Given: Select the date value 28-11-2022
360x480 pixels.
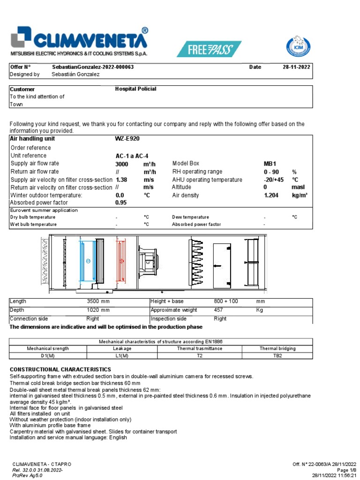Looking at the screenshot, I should (x=296, y=67).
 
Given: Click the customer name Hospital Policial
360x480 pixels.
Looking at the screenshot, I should (x=135, y=89).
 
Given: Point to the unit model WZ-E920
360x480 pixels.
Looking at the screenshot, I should (x=127, y=139).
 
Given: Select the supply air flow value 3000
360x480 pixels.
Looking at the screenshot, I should (x=122, y=164).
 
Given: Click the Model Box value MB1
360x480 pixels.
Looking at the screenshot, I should (x=271, y=164).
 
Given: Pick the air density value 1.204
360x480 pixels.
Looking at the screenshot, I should (x=272, y=195).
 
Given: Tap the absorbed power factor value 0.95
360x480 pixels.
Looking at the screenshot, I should (x=121, y=203).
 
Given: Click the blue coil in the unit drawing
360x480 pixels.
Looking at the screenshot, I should (x=88, y=261).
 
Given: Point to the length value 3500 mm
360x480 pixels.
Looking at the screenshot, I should (x=98, y=301).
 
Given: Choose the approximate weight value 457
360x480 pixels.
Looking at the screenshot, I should (x=218, y=310).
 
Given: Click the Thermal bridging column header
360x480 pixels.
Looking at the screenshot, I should (x=277, y=349).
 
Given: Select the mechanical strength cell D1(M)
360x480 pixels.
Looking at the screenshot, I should (x=48, y=356).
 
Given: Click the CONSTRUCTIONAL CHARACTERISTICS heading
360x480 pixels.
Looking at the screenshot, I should (x=60, y=370).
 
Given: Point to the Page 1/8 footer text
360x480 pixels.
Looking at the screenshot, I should (x=347, y=469).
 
